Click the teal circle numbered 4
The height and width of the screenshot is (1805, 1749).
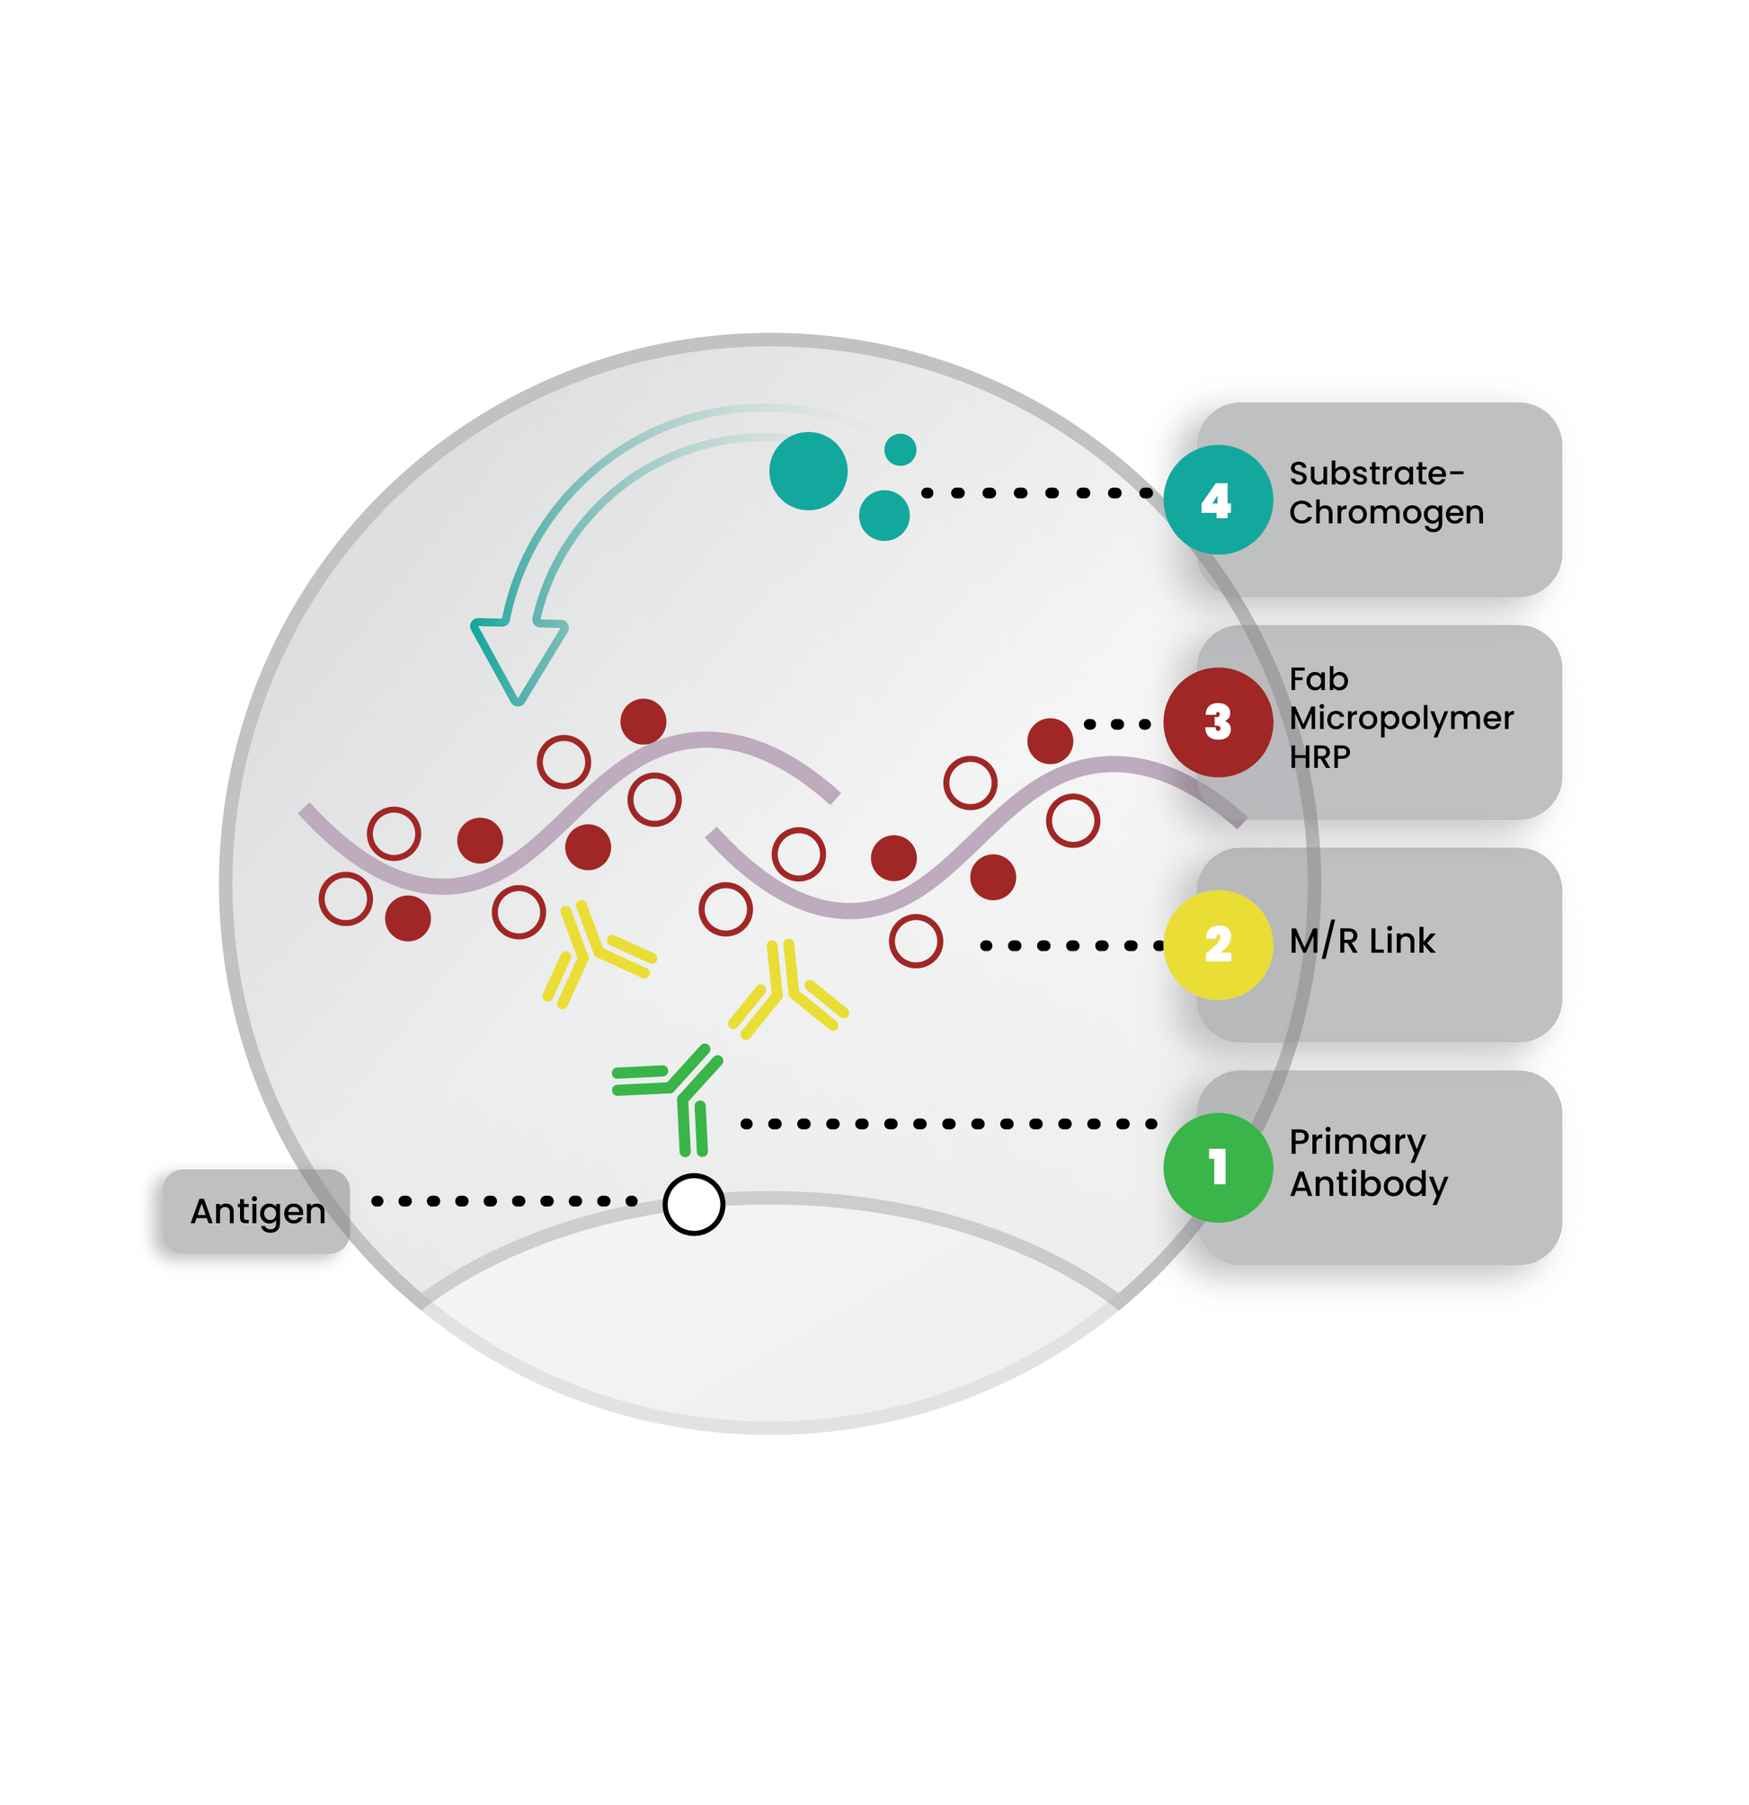[x=1218, y=500]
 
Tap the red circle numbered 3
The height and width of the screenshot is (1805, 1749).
[x=1218, y=722]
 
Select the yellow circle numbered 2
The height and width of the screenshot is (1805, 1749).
[x=1218, y=945]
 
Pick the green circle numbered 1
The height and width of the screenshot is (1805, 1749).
[x=1218, y=1168]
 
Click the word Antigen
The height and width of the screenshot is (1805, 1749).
[x=258, y=1212]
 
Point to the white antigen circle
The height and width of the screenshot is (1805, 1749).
[x=694, y=1205]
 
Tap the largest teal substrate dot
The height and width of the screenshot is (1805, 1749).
[x=808, y=471]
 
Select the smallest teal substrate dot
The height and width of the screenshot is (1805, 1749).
[x=900, y=449]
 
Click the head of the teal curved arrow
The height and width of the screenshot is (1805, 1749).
[x=519, y=659]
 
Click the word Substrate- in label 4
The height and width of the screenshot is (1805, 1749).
[x=1376, y=473]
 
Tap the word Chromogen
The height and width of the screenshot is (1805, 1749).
[x=1386, y=514]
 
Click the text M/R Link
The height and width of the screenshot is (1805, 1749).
[x=1363, y=941]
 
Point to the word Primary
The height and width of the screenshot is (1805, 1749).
[x=1357, y=1143]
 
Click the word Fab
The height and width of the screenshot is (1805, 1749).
[x=1318, y=678]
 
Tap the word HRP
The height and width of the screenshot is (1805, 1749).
[x=1319, y=757]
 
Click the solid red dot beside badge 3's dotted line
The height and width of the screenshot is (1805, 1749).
[x=1050, y=740]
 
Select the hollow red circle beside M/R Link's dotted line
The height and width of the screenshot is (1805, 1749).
[x=916, y=942]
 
